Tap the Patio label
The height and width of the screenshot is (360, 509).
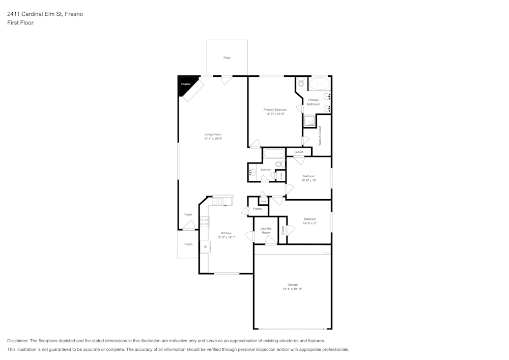click(227, 58)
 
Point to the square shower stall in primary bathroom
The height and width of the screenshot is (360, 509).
click(309, 121)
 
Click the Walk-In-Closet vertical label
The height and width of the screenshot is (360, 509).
click(320, 136)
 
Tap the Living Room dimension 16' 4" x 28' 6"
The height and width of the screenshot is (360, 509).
click(213, 138)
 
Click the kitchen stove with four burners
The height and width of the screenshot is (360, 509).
click(205, 221)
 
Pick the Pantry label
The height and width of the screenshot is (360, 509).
click(258, 209)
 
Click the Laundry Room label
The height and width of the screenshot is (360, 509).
click(266, 231)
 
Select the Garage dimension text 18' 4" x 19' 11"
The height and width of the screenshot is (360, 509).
click(292, 289)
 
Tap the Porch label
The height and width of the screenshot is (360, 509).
click(188, 244)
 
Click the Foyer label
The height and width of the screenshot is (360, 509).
click(188, 214)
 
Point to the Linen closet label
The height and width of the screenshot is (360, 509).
click(281, 176)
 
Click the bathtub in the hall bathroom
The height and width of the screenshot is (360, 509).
click(274, 153)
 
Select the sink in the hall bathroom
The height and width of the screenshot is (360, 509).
click(252, 173)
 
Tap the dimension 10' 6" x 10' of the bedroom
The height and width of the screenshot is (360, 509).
click(309, 180)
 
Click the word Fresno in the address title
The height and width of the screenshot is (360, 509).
click(74, 14)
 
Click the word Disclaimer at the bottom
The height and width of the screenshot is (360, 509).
click(18, 341)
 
